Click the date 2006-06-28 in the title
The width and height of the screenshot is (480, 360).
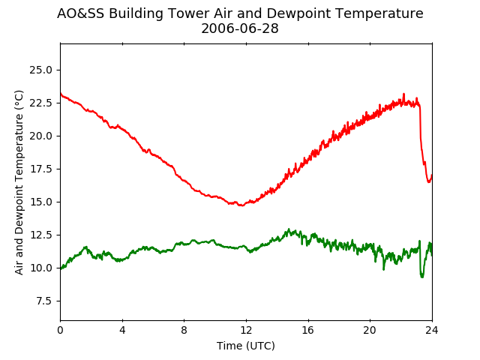[240, 28]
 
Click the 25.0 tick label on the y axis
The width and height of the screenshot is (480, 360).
[40, 70]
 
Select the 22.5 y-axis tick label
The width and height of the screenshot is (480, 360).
[40, 103]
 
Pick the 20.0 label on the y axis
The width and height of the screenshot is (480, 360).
[40, 136]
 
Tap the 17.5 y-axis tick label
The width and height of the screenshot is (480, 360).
[40, 169]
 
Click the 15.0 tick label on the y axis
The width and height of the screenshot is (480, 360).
[40, 202]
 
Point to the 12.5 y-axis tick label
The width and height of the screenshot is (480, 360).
[40, 235]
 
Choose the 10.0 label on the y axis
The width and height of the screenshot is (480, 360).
[40, 268]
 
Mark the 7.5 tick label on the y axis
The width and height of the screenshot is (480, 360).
[44, 301]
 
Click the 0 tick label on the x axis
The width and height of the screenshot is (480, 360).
[60, 330]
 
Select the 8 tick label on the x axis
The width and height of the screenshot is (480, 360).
[184, 330]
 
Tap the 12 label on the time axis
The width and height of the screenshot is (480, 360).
[246, 330]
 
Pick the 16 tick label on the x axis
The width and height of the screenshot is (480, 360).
[308, 330]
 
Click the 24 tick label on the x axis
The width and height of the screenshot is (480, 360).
[432, 330]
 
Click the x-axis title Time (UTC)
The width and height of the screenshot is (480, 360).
[246, 346]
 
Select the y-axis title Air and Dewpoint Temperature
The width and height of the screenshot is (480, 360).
[19, 182]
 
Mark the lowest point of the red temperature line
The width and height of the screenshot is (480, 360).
[241, 205]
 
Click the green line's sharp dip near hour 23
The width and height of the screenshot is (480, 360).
[422, 277]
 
